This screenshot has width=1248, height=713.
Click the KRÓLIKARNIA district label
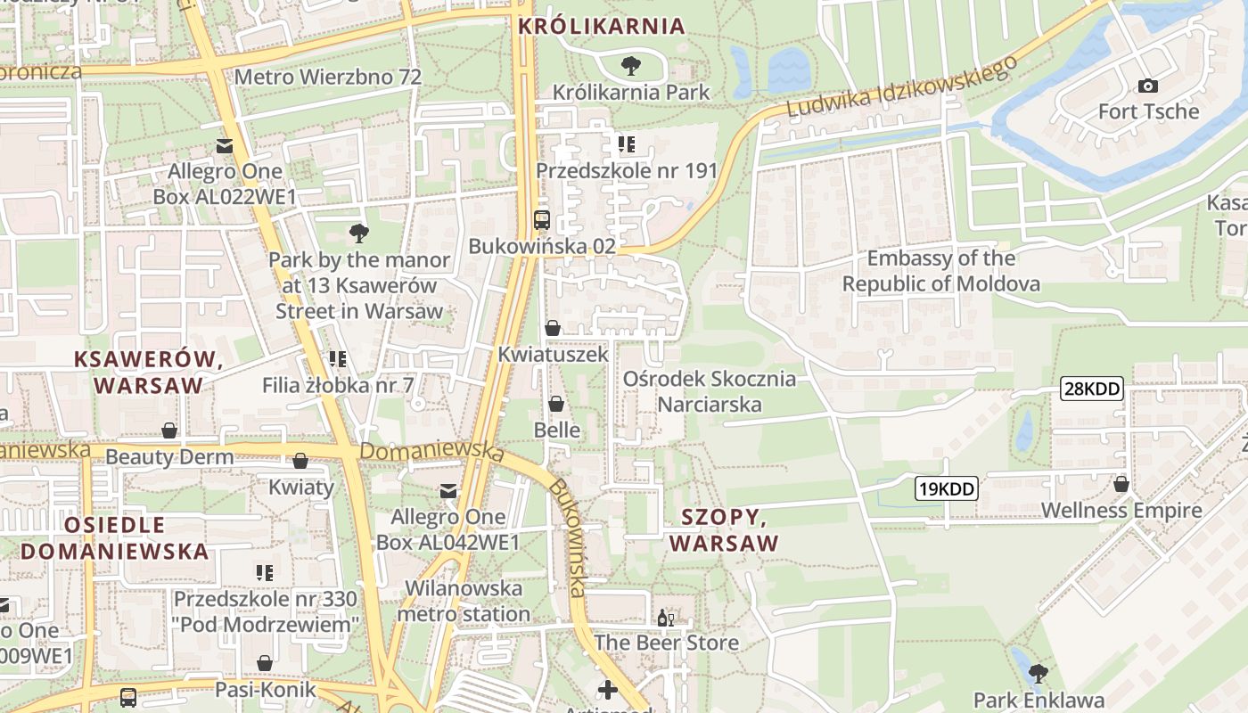point(602,26)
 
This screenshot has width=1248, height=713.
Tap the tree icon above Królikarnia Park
point(630,65)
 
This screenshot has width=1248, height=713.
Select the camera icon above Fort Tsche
point(1148,86)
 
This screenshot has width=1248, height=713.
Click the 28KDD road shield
point(1091,389)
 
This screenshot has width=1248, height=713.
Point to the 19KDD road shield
point(946,488)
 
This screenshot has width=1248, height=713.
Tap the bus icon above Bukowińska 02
point(541,219)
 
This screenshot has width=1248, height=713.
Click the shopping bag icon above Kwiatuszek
point(553,328)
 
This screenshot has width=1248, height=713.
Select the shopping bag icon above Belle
point(556,404)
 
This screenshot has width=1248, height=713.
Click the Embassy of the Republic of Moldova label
point(940,271)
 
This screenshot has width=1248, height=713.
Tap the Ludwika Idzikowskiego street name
point(902,86)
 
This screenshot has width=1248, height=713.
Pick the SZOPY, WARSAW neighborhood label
point(724,529)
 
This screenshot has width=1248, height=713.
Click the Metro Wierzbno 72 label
point(327,77)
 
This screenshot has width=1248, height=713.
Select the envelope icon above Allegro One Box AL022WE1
point(224,145)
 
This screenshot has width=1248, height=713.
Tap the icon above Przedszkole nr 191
point(626,143)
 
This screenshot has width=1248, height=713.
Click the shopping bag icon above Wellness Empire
point(1121,484)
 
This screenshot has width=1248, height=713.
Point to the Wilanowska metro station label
point(464,601)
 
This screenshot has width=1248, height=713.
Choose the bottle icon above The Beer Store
point(665,618)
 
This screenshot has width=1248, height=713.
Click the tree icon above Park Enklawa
point(1038,673)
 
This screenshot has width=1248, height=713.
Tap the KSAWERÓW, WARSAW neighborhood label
point(149,372)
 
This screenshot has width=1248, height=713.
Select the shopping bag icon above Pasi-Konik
point(265,663)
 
